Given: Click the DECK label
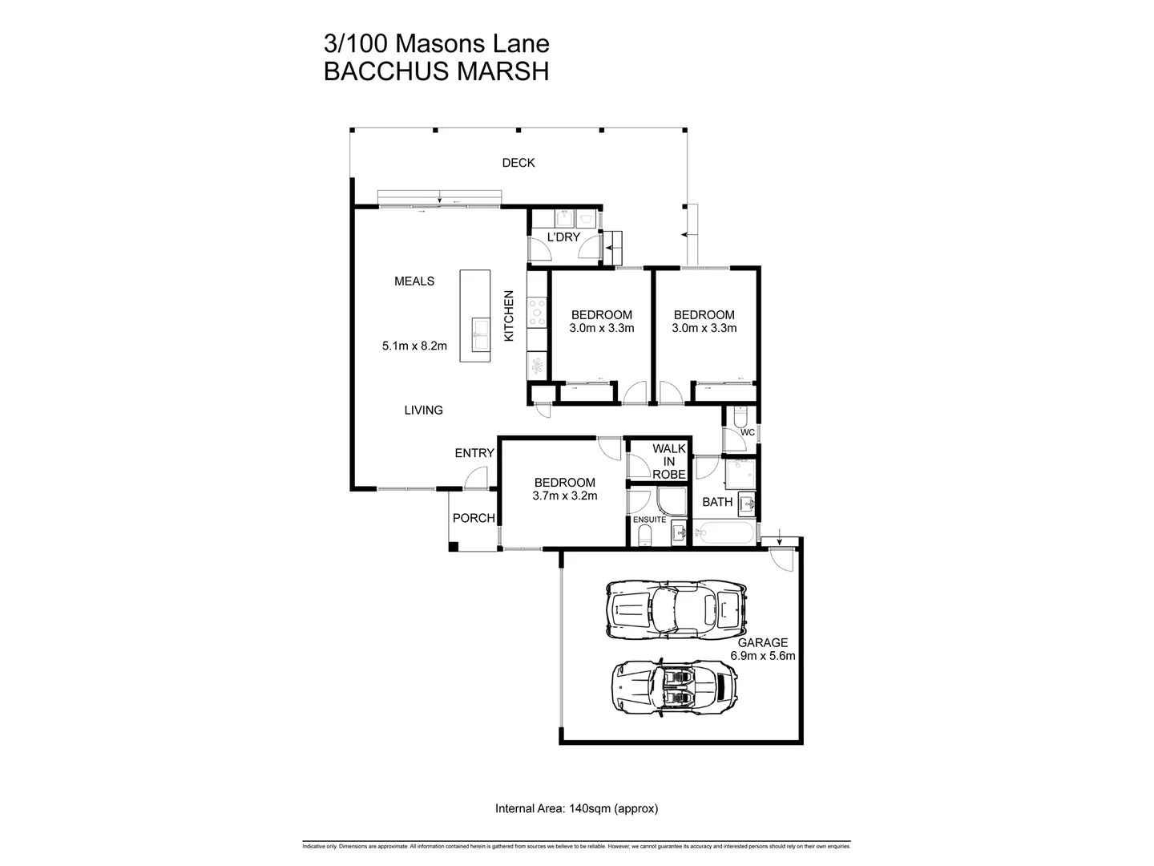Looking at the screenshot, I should coord(518,163).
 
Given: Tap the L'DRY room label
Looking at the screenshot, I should coord(563,237).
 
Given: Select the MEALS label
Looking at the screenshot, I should coord(414,281).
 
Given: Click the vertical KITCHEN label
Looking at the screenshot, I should coord(508,317).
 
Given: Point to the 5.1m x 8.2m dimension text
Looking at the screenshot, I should coord(414,346).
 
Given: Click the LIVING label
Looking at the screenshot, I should coord(423,411).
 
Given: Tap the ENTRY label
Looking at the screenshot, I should coord(474,453).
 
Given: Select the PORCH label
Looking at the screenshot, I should coord(474,518).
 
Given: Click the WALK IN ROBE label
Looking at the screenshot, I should coord(668,461).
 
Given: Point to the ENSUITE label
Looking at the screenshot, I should coord(649,520).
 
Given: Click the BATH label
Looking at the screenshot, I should coord(717,502).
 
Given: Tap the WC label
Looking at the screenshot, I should coord(747,432).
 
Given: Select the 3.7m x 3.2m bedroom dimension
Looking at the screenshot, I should coord(564,496).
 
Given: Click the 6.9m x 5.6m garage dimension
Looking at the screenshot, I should coord(762,656).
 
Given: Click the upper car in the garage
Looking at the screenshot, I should coord(675,609).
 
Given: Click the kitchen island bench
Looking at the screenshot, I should coord(474,316).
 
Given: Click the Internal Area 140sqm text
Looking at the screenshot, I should coord(576,808).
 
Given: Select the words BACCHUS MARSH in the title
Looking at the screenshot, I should coord(436,71).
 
